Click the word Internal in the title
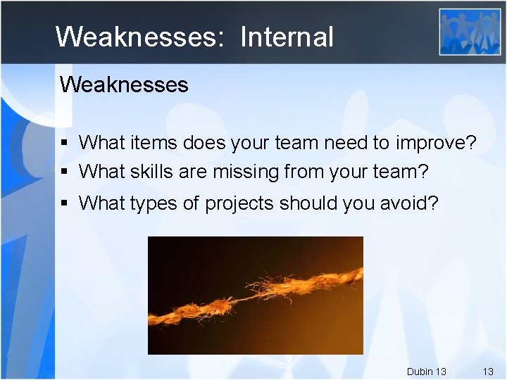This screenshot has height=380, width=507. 287,37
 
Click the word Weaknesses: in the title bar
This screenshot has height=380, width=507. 139,37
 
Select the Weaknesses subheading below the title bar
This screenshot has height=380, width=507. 124,85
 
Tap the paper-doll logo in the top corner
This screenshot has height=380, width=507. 470,32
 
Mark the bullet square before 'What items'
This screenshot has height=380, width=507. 64,144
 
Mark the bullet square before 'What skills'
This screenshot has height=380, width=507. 64,171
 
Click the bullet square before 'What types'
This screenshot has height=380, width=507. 64,204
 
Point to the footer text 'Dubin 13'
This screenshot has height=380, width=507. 426,371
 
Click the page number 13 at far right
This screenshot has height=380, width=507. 487,371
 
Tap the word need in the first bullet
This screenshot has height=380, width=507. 346,144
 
